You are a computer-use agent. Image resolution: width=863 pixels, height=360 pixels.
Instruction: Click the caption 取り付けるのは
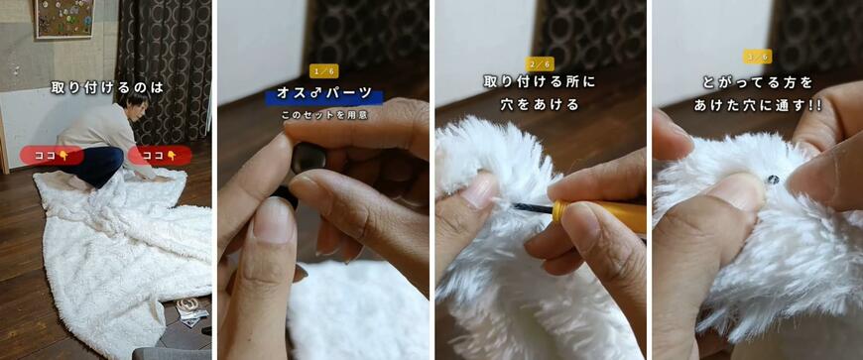107,87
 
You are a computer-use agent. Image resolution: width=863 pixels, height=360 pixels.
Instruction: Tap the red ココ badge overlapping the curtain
160,156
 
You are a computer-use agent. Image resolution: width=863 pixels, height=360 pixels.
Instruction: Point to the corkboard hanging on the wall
64,18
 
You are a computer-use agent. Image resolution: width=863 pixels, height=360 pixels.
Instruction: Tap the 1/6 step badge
324,71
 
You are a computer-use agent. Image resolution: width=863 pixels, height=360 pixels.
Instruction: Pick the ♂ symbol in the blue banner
312,93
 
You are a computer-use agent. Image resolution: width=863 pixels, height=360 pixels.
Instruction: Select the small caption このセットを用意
323,116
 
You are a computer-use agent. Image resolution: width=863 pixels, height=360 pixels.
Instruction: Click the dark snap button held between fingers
308,158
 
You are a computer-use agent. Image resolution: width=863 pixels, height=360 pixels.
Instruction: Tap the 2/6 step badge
540,64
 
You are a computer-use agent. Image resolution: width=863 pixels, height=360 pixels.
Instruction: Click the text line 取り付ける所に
540,82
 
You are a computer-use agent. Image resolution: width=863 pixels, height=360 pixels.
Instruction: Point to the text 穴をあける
540,104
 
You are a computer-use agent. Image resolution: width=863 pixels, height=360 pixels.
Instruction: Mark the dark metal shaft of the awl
534,208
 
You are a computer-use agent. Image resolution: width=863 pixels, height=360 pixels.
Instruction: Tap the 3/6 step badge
757,57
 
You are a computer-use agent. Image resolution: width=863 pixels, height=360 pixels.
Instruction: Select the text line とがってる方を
757,83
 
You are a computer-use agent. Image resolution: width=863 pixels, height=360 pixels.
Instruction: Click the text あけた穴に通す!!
757,105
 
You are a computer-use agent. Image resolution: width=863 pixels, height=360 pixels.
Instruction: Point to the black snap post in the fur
774,180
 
